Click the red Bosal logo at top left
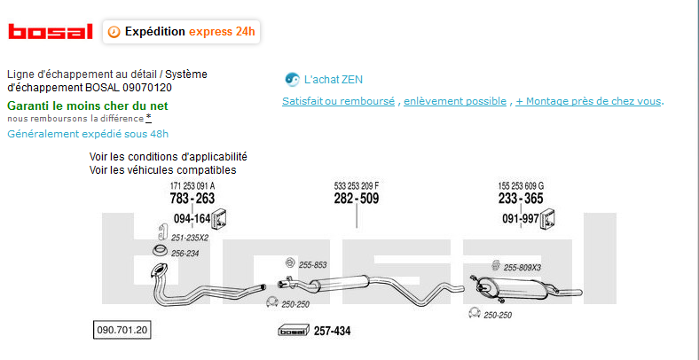[51, 32]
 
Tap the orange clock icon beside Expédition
[114, 32]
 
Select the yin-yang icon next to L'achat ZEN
[292, 79]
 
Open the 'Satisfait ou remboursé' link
[338, 101]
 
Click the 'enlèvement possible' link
[455, 101]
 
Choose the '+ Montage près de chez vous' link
[588, 101]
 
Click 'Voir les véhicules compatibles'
[162, 169]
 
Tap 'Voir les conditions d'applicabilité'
[168, 157]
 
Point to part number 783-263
[192, 199]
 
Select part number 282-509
[357, 199]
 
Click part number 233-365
[521, 199]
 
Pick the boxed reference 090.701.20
[122, 330]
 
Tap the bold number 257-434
[332, 331]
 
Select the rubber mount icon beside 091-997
[548, 219]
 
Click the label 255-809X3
[522, 268]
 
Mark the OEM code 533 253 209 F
[357, 185]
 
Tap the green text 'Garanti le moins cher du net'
[88, 106]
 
